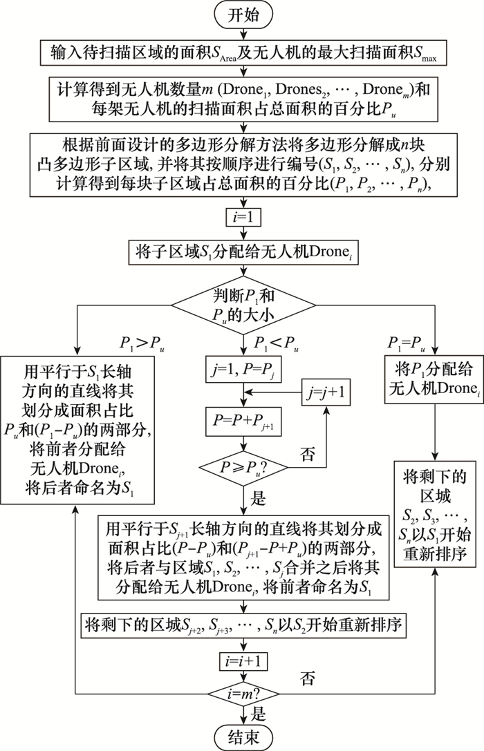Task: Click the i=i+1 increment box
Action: click(243, 661)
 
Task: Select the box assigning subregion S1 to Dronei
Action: click(243, 253)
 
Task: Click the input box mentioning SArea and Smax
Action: click(243, 54)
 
